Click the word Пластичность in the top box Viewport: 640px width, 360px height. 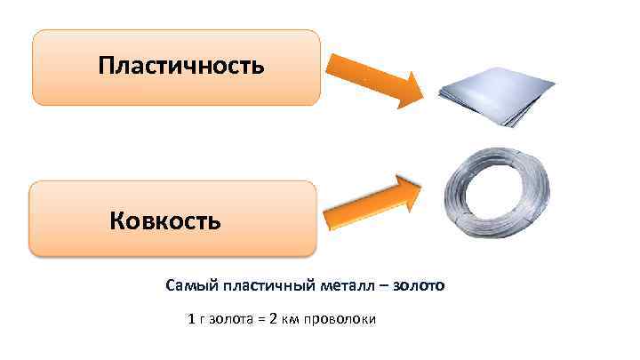[x=181, y=66]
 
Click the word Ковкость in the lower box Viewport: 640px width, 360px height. [x=165, y=219]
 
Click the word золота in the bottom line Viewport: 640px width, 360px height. [x=231, y=318]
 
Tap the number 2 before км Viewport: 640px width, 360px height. [x=274, y=318]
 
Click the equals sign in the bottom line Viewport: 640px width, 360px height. [x=261, y=318]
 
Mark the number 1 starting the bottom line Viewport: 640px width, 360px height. [x=192, y=318]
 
